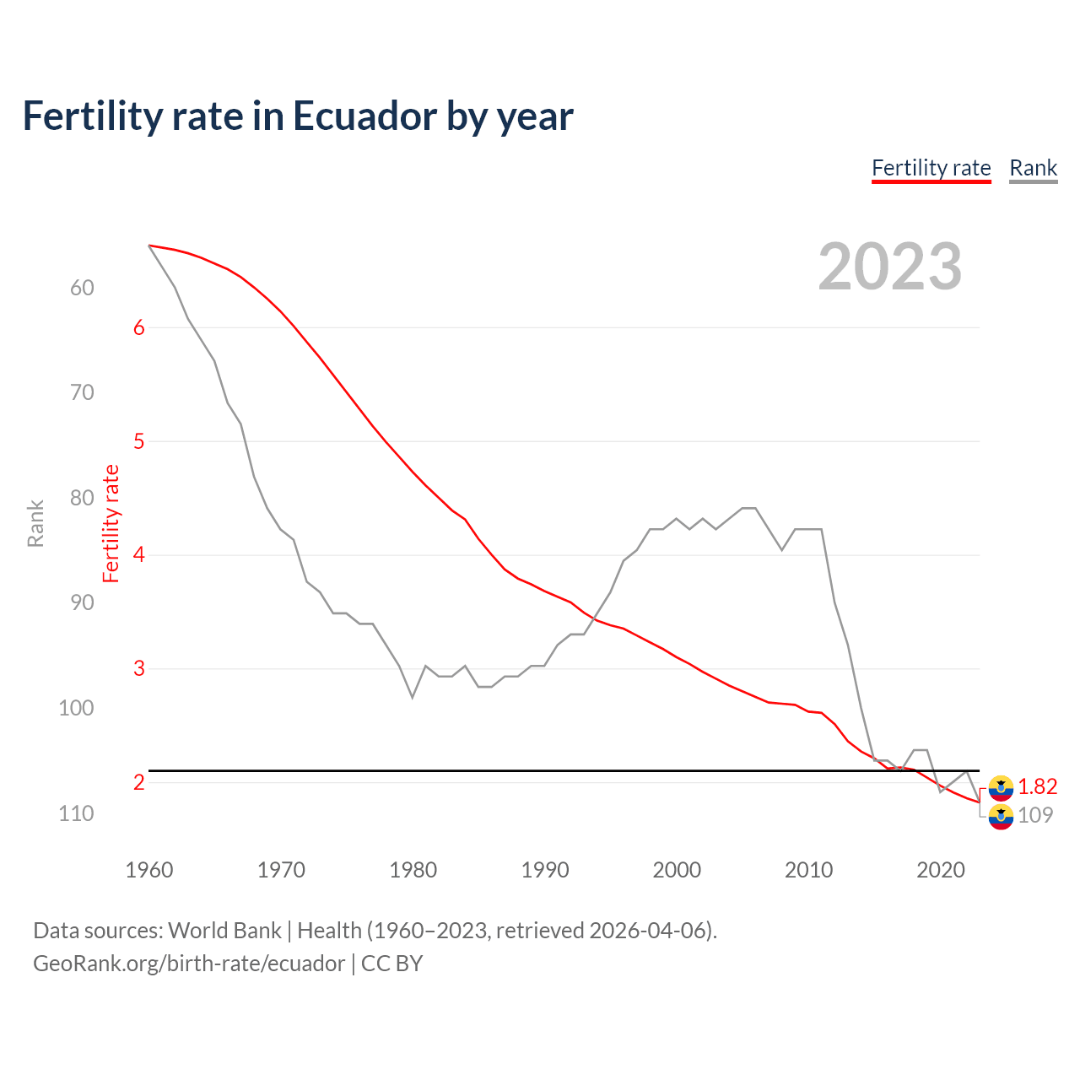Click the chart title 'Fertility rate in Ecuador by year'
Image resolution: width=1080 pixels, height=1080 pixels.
click(298, 116)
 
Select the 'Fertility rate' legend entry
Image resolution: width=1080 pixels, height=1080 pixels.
click(931, 168)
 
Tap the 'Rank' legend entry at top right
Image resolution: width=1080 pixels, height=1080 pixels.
click(1033, 168)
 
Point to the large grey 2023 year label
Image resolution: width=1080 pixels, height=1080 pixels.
click(889, 267)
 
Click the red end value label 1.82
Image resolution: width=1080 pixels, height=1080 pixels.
click(1037, 786)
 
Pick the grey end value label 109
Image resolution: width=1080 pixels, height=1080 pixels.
click(1035, 815)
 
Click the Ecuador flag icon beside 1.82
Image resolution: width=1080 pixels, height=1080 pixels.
click(1001, 787)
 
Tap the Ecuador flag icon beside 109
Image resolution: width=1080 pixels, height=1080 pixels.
click(1001, 817)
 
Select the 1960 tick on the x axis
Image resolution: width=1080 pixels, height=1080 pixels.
click(149, 870)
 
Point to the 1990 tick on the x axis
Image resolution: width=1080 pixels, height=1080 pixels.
click(545, 870)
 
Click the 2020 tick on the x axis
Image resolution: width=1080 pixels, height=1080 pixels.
click(941, 870)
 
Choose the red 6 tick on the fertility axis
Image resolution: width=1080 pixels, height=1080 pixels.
click(139, 328)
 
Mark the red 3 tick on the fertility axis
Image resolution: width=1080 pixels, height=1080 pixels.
click(139, 668)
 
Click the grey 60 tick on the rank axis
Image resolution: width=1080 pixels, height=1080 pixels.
click(82, 288)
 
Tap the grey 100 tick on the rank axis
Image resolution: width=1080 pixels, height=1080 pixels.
click(76, 708)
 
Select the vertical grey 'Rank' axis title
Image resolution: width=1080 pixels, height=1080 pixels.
click(35, 523)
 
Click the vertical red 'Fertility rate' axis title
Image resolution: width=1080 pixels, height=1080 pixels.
click(111, 523)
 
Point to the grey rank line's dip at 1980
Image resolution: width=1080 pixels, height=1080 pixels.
click(413, 697)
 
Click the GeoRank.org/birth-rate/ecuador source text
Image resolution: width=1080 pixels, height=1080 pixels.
click(189, 964)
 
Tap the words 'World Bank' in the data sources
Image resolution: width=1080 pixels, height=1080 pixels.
click(224, 931)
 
